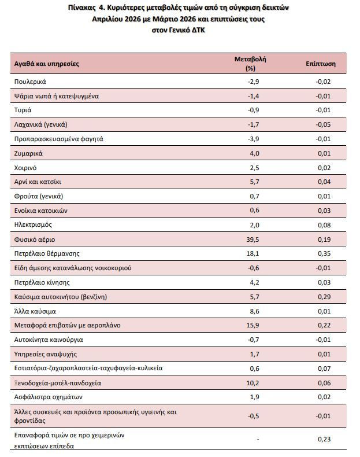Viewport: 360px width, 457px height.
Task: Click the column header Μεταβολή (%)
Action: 250,64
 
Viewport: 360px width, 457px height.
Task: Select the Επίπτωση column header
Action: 321,64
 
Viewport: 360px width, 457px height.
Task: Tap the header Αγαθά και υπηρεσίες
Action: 47,64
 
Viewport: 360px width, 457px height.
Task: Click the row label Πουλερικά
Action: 30,82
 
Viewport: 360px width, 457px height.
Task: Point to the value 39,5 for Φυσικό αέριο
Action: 253,239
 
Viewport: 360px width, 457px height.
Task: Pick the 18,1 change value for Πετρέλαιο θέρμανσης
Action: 253,253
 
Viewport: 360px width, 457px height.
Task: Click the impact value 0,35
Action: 324,253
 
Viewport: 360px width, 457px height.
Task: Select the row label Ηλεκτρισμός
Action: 33,224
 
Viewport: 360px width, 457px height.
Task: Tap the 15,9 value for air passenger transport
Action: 253,325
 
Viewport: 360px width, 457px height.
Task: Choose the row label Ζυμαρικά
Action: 28,153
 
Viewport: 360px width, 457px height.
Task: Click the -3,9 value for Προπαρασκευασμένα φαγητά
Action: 253,139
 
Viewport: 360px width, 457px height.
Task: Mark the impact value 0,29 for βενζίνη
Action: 324,297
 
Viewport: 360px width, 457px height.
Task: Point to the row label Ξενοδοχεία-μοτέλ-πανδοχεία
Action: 58,383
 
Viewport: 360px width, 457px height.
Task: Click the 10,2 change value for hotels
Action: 253,383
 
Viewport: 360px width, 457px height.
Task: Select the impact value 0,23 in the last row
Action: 324,439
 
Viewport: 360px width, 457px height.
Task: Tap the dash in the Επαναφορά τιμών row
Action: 258,440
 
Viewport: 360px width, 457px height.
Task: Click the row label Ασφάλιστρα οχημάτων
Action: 49,397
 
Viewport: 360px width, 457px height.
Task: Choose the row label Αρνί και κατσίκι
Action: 38,182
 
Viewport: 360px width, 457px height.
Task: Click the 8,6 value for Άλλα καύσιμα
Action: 254,311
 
